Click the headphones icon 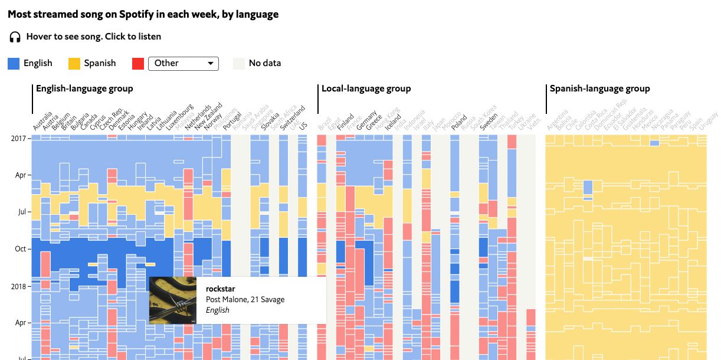coord(15,37)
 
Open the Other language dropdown coord(183,63)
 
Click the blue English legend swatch coord(14,63)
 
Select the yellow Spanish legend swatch coord(74,63)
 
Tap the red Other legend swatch coord(138,63)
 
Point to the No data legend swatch coord(239,63)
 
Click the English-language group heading coord(84,89)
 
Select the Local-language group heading coord(366,89)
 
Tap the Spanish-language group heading coord(599,89)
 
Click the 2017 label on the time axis coord(18,138)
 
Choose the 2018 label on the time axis coord(18,286)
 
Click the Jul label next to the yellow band coord(21,212)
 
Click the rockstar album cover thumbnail coord(173,300)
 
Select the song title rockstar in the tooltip coord(219,289)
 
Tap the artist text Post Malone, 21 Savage coord(245,299)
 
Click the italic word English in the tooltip coord(218,310)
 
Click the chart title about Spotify coord(143,14)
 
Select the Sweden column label coord(489,122)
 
